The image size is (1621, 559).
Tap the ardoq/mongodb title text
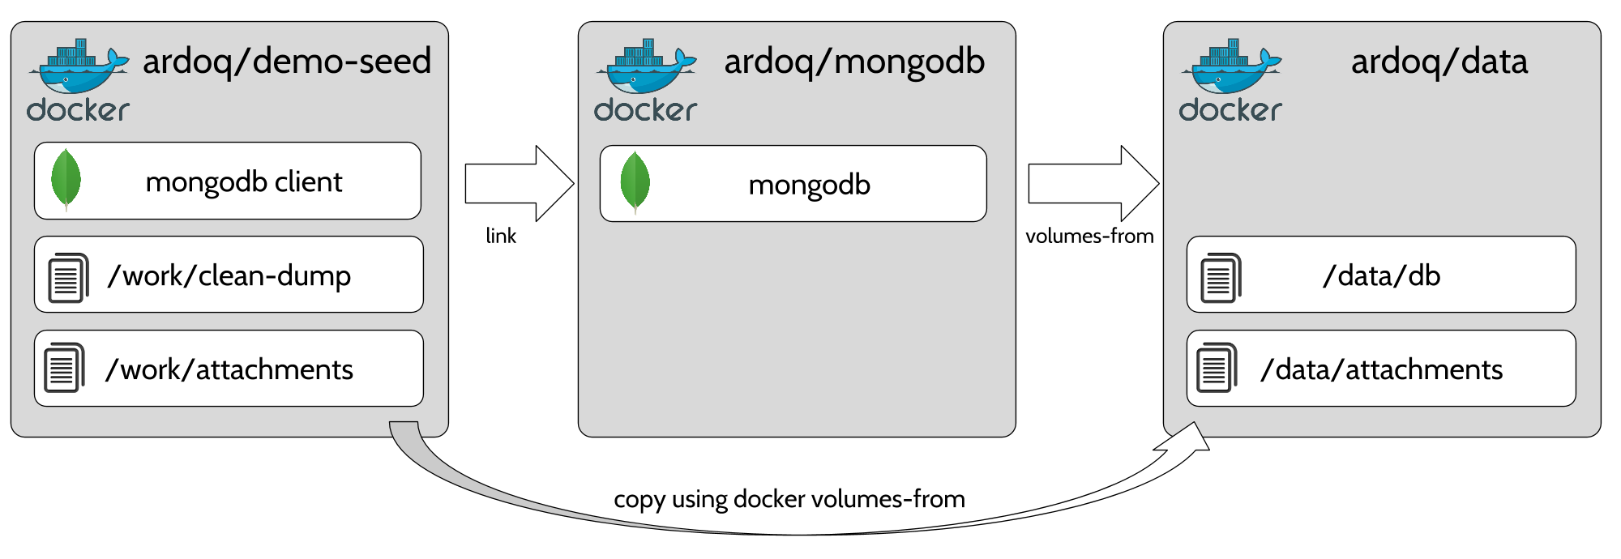[x=854, y=62]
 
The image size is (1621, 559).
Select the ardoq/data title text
[x=1439, y=62]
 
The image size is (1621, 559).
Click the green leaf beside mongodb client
[x=66, y=180]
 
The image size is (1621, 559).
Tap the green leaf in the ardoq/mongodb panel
[x=635, y=182]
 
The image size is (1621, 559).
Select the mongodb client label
[x=244, y=182]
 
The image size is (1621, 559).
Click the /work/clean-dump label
[x=229, y=276]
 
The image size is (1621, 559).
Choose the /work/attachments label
[x=229, y=370]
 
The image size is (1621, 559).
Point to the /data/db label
[x=1381, y=276]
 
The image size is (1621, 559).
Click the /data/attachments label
[x=1381, y=370]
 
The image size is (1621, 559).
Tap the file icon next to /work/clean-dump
[x=68, y=277]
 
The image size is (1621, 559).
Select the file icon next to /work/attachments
[x=64, y=368]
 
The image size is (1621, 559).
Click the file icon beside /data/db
[x=1220, y=277]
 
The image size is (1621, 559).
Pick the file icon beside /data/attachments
[x=1217, y=368]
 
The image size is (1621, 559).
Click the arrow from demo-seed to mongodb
[x=519, y=184]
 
